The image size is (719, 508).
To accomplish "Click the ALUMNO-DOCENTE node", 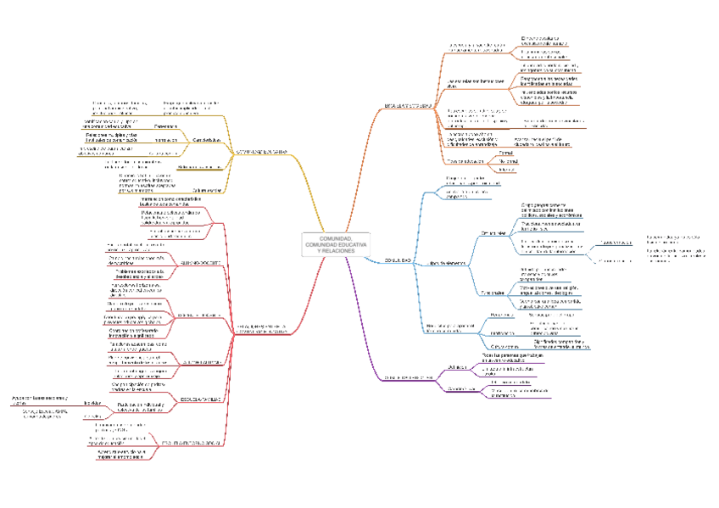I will [201, 264].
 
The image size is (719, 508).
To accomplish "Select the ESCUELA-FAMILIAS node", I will [201, 399].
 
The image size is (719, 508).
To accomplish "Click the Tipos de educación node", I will [466, 159].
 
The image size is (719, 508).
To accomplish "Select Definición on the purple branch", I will [455, 367].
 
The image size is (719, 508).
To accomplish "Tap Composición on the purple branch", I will [460, 388].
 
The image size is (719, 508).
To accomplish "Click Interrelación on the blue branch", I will [504, 331].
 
